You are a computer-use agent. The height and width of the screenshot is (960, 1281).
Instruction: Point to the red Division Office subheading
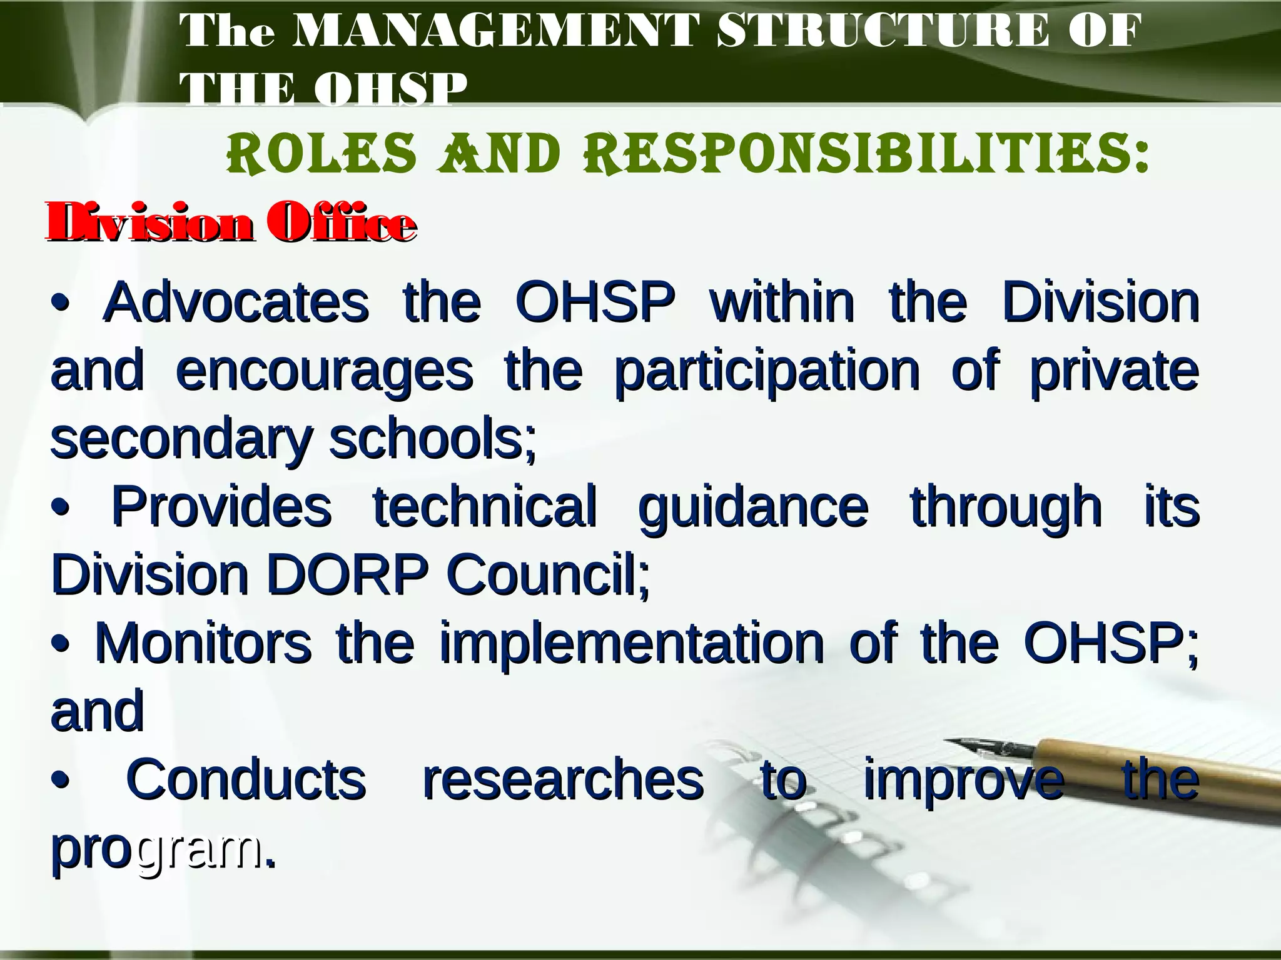230,222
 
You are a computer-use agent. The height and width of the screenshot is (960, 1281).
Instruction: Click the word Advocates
236,302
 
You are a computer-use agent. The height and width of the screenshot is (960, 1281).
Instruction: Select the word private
1113,371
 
